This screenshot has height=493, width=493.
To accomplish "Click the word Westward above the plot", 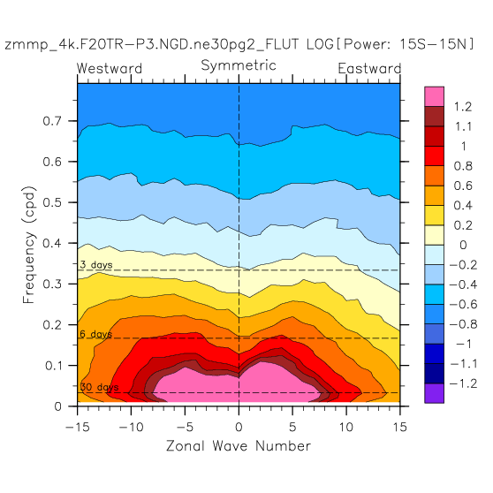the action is [110, 68].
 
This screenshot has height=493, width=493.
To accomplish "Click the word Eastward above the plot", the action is [369, 68].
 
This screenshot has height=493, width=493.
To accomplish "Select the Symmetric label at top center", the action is [239, 65].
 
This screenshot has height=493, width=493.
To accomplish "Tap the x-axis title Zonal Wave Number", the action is [239, 446].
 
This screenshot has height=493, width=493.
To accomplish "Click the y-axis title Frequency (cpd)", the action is [28, 245].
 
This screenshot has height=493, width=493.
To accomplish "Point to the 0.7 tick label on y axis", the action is [52, 121].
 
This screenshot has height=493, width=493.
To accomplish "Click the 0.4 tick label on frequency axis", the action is [52, 243].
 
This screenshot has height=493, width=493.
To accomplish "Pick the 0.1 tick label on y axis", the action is [53, 366].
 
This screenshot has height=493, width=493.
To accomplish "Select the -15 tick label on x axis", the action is [78, 427].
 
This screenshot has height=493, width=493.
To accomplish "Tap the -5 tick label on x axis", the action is [185, 427].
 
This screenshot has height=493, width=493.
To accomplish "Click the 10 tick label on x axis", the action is [346, 427].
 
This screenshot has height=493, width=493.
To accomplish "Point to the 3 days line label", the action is [96, 265].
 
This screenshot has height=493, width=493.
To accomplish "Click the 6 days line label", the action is [96, 334].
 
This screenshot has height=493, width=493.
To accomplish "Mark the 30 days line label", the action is [99, 387].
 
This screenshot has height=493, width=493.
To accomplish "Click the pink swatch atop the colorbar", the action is [434, 96].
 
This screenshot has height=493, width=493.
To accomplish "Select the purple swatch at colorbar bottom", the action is [434, 393].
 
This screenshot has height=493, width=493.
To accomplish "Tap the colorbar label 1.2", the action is [463, 107].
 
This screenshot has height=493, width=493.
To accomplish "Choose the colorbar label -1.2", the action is [464, 383].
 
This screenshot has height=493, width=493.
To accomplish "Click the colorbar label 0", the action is [463, 245].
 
